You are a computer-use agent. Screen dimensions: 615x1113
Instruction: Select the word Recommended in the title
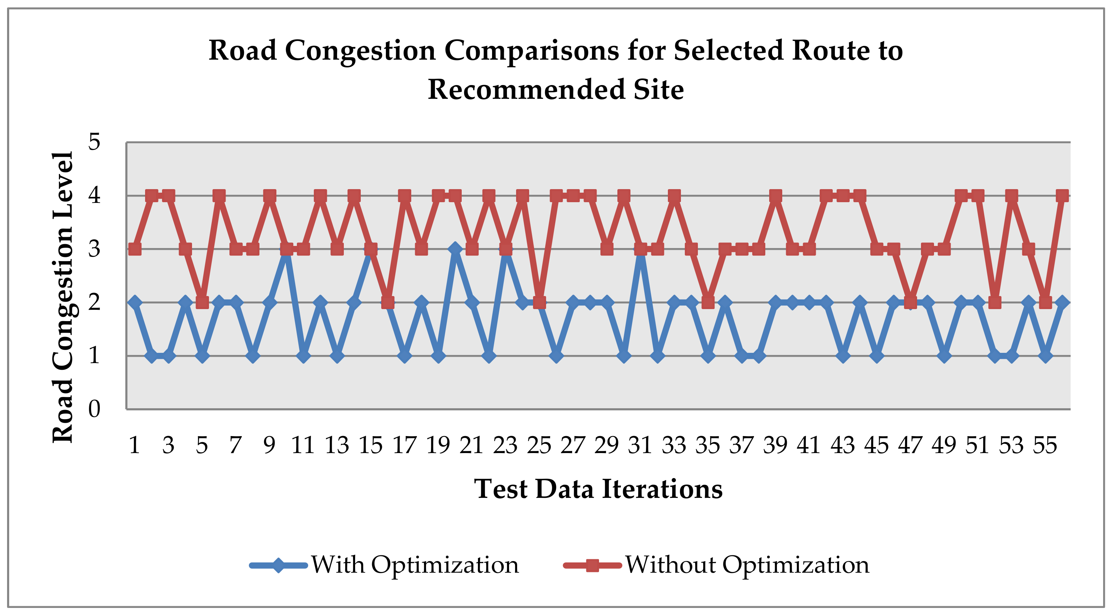[526, 90]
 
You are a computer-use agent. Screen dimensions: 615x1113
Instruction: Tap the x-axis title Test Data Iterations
[598, 489]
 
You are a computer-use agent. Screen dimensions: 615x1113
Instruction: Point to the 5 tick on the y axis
[94, 141]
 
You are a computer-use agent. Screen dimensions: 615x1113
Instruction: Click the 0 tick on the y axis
[94, 409]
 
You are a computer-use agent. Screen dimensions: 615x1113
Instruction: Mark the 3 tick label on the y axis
[94, 249]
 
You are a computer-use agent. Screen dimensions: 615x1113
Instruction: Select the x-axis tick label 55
[1045, 445]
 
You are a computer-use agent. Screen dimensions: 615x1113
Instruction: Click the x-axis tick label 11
[303, 445]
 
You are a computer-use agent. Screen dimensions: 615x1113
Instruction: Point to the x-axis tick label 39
[775, 445]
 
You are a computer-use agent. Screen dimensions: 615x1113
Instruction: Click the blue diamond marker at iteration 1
[135, 302]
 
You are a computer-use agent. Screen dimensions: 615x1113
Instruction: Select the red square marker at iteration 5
[202, 302]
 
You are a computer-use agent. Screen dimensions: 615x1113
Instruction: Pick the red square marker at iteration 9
[270, 195]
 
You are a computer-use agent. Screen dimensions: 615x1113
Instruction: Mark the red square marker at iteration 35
[708, 302]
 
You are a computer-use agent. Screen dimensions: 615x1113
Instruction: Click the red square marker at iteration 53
[1011, 195]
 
